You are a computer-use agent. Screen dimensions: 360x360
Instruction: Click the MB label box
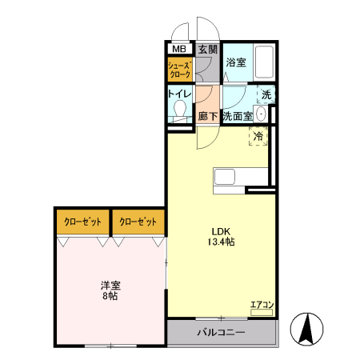(x=179, y=49)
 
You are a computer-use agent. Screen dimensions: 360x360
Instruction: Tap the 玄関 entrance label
(x=207, y=49)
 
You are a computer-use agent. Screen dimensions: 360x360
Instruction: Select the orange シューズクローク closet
(x=180, y=70)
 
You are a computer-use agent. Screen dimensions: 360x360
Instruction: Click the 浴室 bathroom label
(x=235, y=62)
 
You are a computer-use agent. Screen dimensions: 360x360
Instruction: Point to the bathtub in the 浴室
(x=265, y=62)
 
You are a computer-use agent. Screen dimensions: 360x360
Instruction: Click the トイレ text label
(x=179, y=94)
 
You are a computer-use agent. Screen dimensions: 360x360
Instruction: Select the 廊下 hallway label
(x=207, y=116)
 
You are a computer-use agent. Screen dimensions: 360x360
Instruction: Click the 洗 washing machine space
(x=266, y=94)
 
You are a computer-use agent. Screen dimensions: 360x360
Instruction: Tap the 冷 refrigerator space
(x=258, y=137)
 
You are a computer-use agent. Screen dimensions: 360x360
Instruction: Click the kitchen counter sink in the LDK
(x=225, y=177)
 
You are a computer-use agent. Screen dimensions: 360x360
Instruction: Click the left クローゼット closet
(x=83, y=222)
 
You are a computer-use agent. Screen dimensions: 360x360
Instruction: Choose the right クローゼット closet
(x=138, y=222)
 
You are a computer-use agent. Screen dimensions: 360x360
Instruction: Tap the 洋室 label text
(x=110, y=284)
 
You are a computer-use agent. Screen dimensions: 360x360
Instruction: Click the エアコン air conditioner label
(x=262, y=305)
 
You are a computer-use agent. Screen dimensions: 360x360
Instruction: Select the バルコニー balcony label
(x=221, y=332)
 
